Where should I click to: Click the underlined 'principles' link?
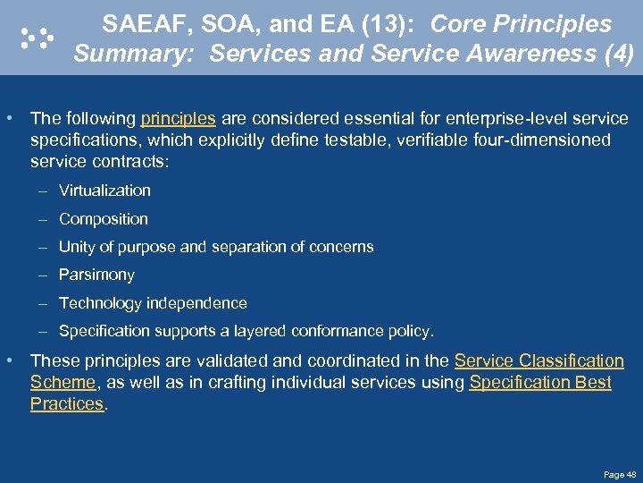178,119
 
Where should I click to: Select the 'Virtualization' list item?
104,191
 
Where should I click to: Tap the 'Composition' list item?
104,219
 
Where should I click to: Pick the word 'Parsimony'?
96,275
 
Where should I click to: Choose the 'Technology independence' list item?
153,303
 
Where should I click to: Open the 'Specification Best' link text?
539,383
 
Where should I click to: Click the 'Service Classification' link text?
539,361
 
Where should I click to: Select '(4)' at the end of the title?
618,55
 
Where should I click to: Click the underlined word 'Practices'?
67,404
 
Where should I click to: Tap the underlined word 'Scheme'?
63,383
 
